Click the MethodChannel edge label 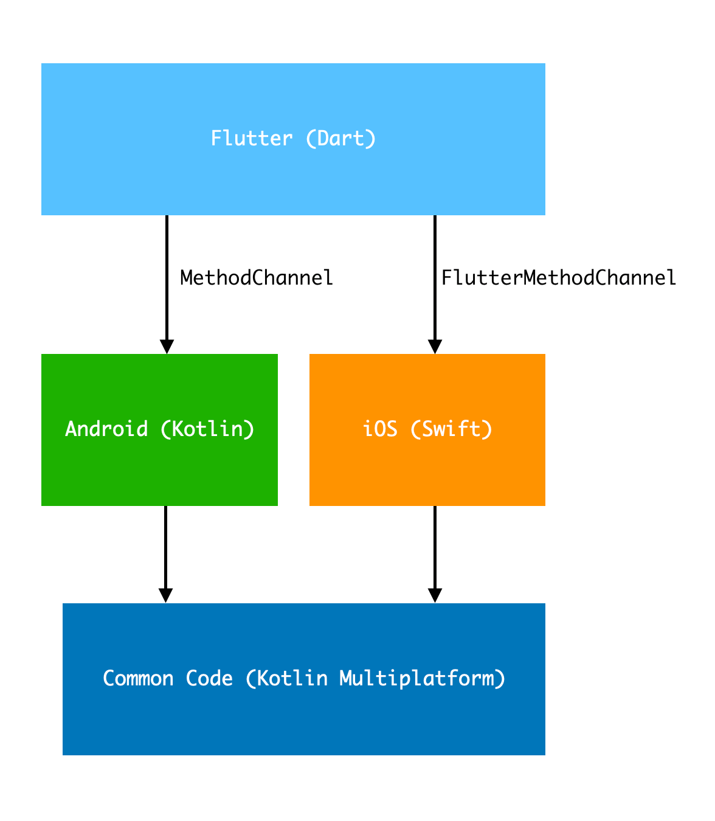257,278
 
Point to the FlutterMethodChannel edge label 559,278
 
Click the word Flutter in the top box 251,139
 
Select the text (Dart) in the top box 340,139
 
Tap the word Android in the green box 106,429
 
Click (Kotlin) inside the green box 207,429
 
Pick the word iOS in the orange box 380,429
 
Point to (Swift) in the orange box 451,429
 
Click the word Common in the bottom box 138,678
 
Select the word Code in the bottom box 209,678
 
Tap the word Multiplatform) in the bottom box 423,678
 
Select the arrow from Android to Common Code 165,547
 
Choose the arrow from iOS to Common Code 435,547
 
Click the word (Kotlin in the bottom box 286,678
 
